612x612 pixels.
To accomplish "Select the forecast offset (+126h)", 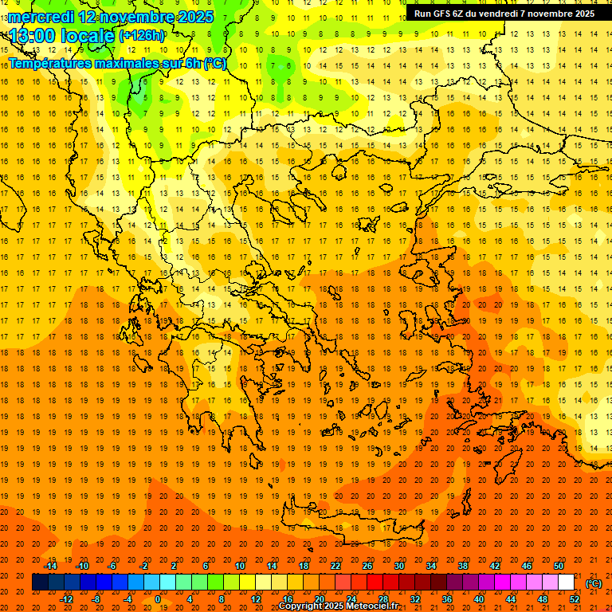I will pos(142,36).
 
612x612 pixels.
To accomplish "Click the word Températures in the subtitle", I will pos(51,63).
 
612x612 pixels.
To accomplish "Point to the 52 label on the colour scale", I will pos(575,599).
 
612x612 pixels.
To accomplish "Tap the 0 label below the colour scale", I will pos(157,599).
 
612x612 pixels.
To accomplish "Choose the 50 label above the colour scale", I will pos(559,566).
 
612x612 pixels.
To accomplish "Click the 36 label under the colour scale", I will pos(447,599).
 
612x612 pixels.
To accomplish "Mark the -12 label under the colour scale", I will pos(66,599).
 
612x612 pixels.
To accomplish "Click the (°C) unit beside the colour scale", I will pos(594,583).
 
